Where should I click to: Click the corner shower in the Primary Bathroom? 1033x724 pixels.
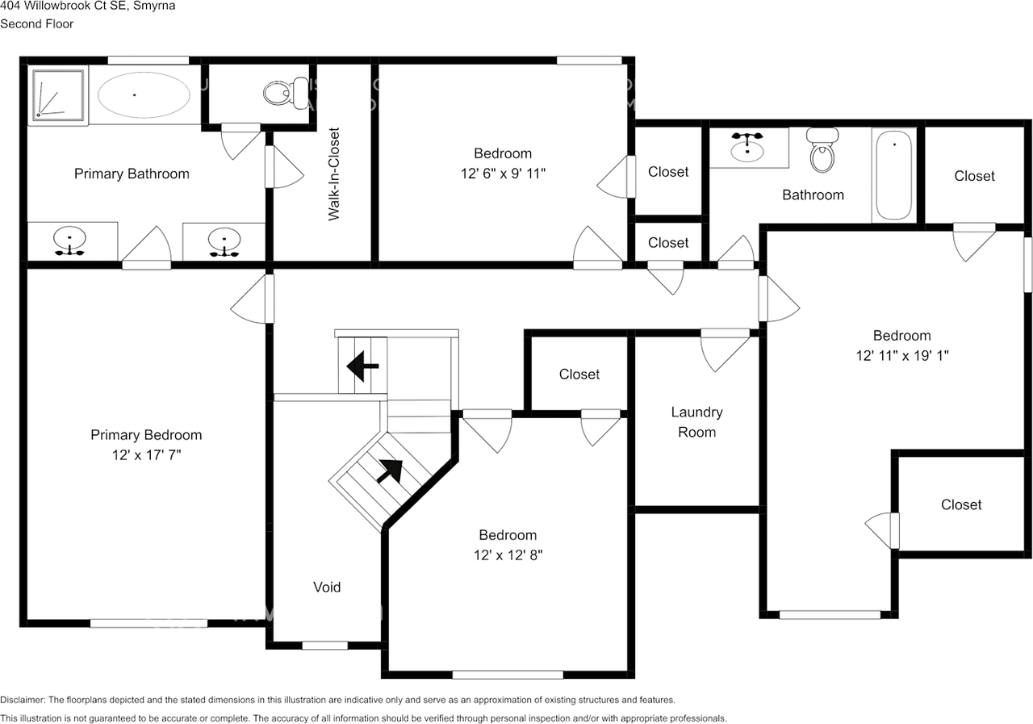coord(58,97)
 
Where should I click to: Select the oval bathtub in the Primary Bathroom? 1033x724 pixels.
coord(144,95)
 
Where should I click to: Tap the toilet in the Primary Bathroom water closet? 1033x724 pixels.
coord(279,94)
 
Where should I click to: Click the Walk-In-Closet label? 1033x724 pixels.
coord(333,174)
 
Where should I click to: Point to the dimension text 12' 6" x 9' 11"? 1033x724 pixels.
coord(503,173)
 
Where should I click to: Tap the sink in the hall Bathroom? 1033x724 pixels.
coord(748,147)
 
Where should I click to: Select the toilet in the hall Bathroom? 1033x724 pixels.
coord(822,151)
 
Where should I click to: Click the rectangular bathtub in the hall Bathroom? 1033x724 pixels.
coord(894,176)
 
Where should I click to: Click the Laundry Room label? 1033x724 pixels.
coord(696,422)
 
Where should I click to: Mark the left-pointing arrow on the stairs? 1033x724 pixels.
coord(362,367)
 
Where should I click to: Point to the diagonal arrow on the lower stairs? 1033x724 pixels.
coord(389,470)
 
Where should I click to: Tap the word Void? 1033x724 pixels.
coord(327,587)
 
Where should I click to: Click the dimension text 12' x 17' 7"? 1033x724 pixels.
coord(146,454)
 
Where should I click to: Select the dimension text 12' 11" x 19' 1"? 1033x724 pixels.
coord(901,355)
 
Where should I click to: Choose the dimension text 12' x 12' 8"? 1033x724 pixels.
coord(508,555)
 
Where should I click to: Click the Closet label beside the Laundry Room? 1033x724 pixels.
coord(579,375)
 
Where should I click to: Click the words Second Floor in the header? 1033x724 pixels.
coord(36,23)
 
